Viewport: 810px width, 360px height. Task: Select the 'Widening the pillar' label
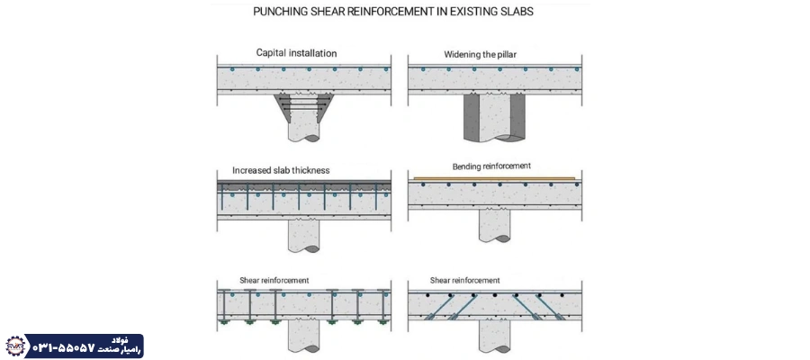(x=486, y=54)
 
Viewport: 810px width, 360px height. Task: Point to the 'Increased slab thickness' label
(x=281, y=169)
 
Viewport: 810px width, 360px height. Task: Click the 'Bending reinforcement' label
(x=491, y=166)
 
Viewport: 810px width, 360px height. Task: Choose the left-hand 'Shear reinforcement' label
(x=274, y=280)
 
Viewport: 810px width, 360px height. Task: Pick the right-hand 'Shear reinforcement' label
(x=464, y=280)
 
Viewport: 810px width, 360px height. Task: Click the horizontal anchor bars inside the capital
(x=302, y=107)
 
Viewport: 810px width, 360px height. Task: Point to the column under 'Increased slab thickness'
(x=303, y=236)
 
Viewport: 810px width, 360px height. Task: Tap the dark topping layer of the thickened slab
(x=303, y=184)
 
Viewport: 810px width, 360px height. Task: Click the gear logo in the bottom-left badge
(x=14, y=346)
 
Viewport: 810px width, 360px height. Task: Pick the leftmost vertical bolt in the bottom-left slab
(x=220, y=305)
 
